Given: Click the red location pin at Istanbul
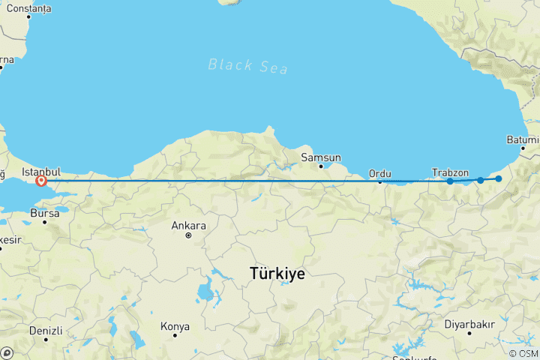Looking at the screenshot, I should (41, 181).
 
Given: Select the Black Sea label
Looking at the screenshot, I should (237, 65).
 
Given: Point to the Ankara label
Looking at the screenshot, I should (188, 225).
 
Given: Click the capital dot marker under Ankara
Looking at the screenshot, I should (188, 235).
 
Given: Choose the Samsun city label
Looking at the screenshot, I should (321, 157).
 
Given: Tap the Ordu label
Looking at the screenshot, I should (379, 173).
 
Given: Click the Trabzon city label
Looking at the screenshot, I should (451, 172).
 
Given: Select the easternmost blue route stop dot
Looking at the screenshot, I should (498, 178).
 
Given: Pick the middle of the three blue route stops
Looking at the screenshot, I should (480, 180).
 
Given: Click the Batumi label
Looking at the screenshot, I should (523, 140).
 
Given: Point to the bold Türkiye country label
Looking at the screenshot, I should (277, 274).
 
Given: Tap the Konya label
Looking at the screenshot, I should (175, 327).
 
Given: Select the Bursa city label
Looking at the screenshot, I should (44, 214).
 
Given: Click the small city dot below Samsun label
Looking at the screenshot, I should (322, 166).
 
